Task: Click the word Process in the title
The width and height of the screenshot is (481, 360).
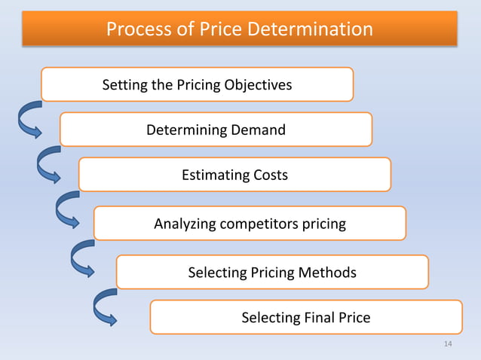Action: click(136, 29)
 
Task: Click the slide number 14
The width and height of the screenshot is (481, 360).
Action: click(449, 344)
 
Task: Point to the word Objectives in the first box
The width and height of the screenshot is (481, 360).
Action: click(258, 84)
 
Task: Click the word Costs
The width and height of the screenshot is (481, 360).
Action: click(269, 175)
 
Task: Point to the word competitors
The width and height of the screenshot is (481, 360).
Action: click(261, 224)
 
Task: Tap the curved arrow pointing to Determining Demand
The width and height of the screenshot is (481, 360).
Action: click(28, 120)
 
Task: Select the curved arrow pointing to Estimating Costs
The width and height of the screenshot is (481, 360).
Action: click(47, 166)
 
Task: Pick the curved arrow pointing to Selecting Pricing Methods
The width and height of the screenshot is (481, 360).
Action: click(81, 260)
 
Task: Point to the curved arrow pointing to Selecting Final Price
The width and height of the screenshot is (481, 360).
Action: click(104, 307)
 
